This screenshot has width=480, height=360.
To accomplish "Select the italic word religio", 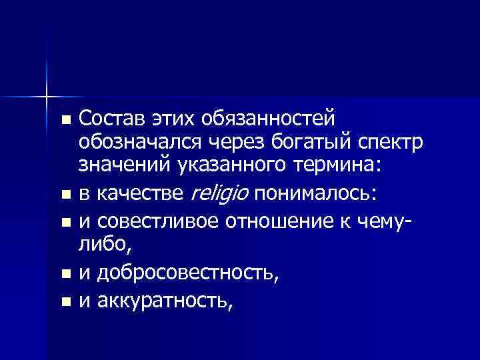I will pos(220,193).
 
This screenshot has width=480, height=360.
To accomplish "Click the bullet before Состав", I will pos(64,121).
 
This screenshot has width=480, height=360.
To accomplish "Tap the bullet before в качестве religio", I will pos(64,195).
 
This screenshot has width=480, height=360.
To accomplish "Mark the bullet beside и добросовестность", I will pos(64,274).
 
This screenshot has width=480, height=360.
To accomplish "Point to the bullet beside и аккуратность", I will pos(64,303).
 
